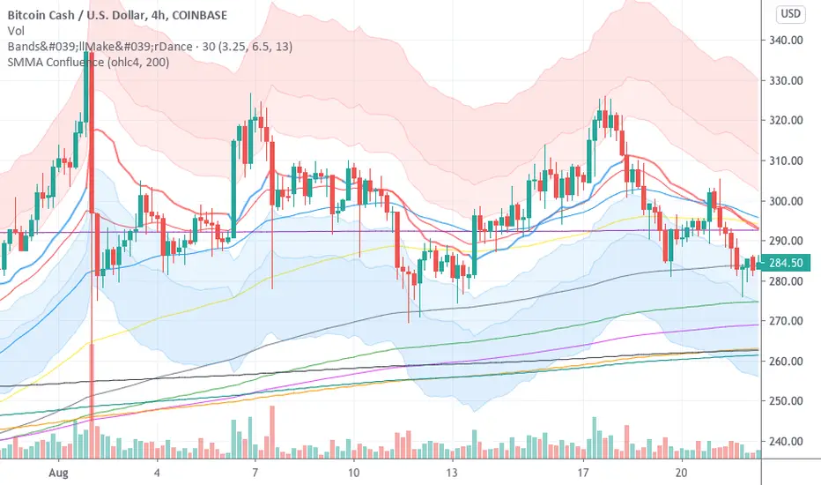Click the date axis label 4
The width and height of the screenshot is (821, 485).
(157, 472)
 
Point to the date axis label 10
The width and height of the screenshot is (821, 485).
(352, 472)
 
